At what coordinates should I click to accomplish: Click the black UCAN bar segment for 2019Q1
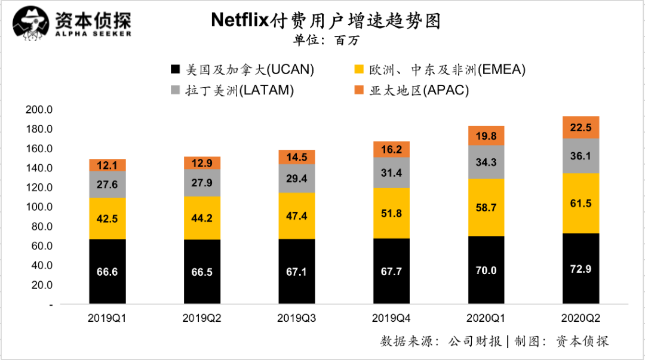[107, 272]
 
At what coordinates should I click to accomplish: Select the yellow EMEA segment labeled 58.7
[486, 207]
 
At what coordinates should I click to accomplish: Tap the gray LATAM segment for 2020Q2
[581, 156]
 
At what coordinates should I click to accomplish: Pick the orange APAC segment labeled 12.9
[202, 163]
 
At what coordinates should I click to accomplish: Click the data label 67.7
[391, 271]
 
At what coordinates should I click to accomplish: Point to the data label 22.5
[581, 127]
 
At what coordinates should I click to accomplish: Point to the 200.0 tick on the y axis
[39, 110]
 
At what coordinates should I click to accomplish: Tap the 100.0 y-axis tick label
[39, 207]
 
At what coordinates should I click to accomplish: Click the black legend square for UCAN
[175, 70]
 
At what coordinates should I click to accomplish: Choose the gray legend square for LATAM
[175, 91]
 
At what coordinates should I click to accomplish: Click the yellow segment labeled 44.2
[202, 218]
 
